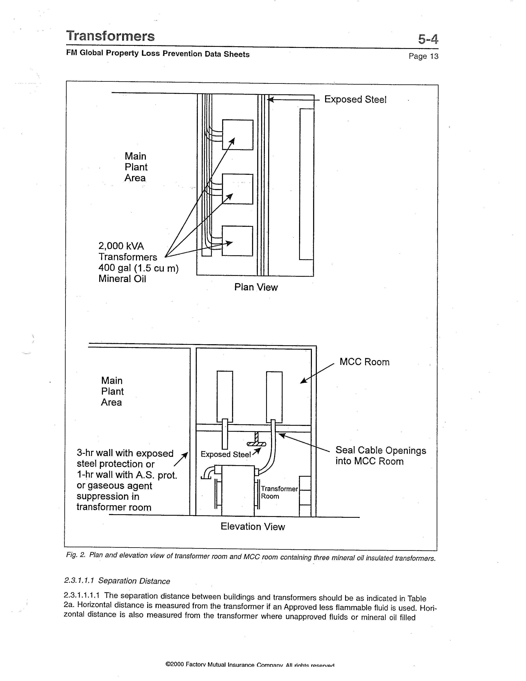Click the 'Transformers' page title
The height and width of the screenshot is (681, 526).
110,36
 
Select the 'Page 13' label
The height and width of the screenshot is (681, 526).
423,56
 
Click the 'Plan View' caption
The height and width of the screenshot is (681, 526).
256,287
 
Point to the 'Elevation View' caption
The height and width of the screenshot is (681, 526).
253,527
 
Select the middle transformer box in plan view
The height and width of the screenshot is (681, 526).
237,189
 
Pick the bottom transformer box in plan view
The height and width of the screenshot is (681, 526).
237,241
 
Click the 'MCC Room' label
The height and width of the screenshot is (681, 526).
364,362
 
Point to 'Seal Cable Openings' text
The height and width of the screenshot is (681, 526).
381,450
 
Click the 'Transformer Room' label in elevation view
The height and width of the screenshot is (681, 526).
279,492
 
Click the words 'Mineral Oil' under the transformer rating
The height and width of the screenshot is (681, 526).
122,279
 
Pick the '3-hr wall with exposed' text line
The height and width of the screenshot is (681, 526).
125,453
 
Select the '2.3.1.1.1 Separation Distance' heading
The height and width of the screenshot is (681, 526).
117,581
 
